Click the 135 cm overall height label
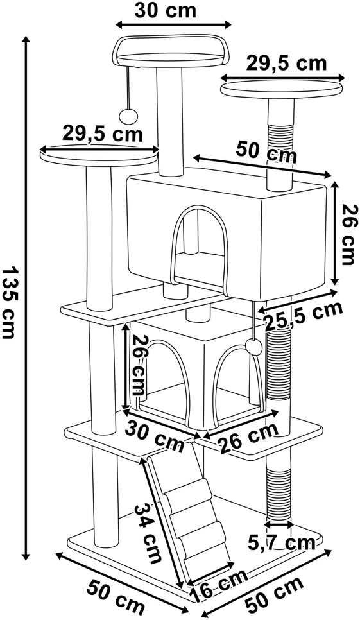point(10,302)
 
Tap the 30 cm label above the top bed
point(165,11)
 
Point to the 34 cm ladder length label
point(146,533)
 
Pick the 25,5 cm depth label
point(303,315)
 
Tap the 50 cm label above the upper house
point(266,152)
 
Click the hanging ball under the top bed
point(127,116)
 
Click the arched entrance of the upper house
point(200,249)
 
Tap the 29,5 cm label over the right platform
point(286,64)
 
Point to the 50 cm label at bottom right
point(274,592)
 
